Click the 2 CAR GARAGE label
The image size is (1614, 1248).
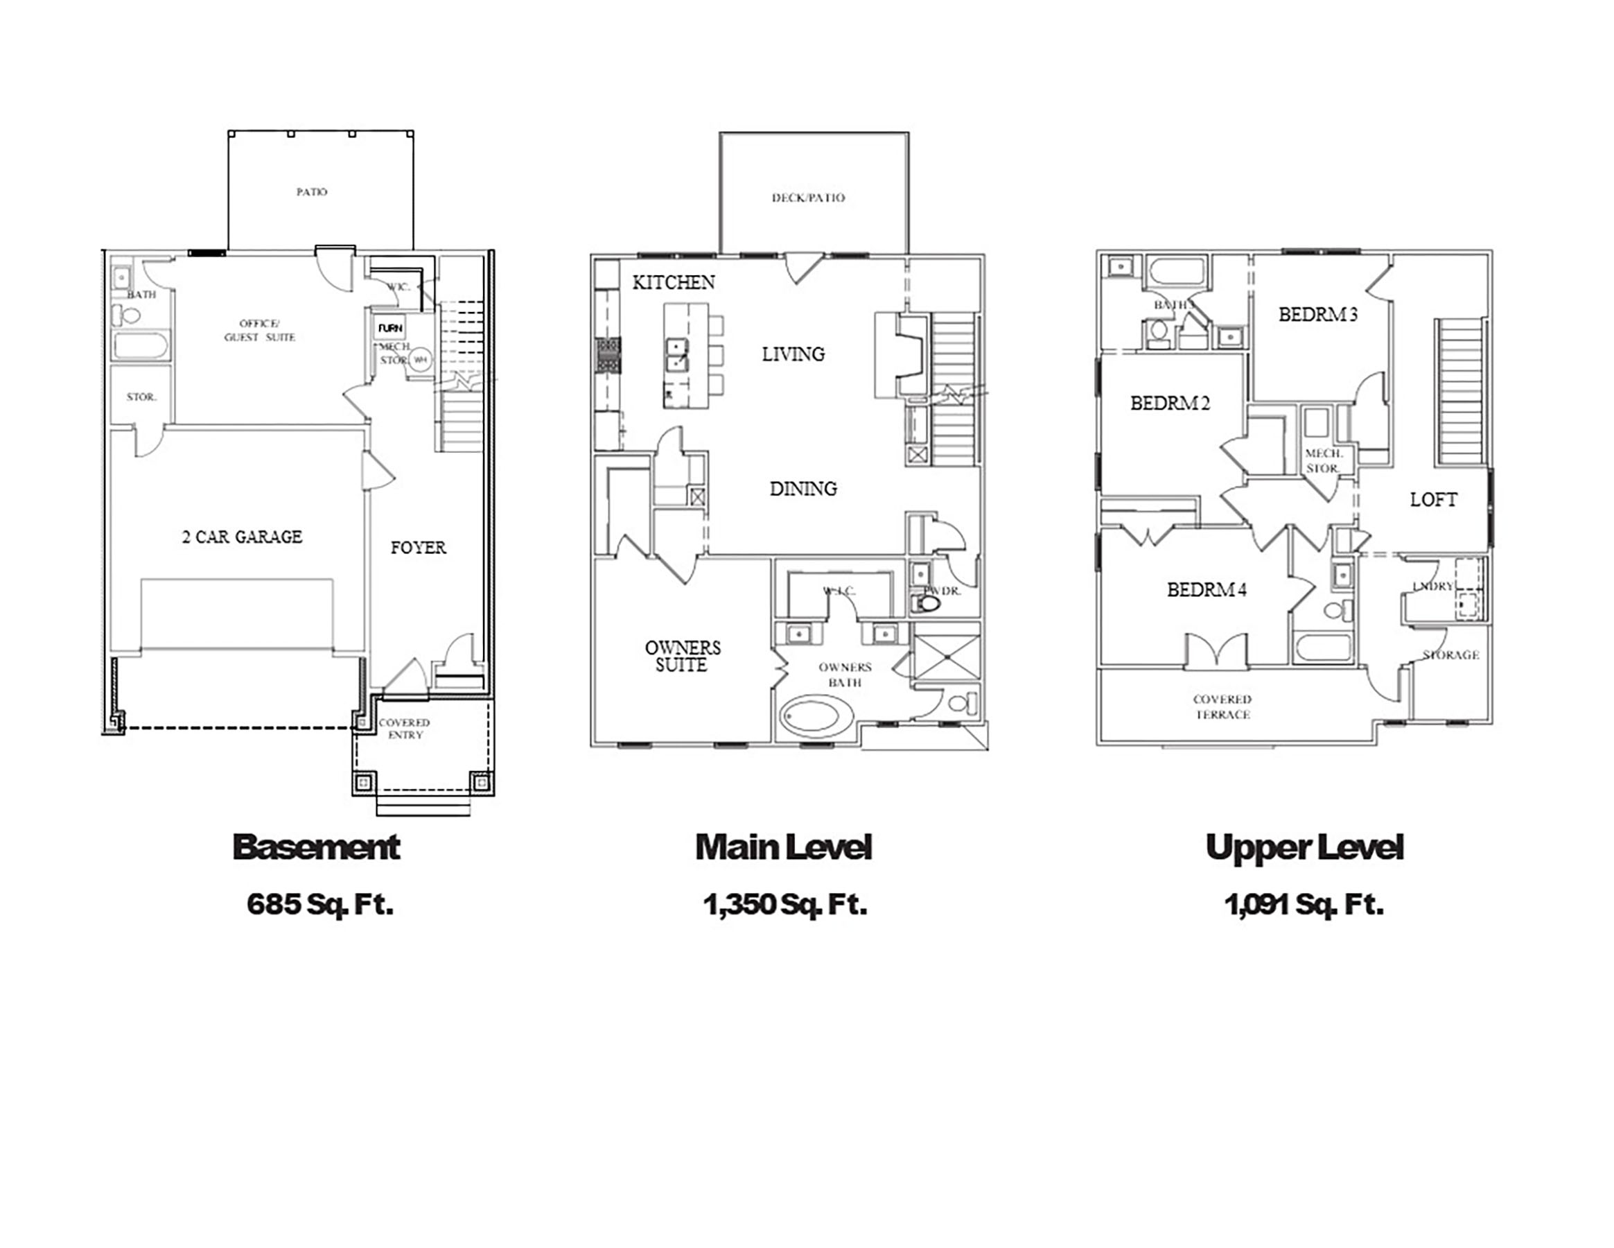tap(243, 537)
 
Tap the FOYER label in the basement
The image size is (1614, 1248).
tap(419, 548)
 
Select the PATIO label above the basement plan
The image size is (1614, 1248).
tap(312, 192)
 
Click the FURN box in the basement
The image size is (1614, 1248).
tap(390, 327)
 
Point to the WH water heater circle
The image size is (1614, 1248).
tap(421, 360)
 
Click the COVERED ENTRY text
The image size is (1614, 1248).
tap(404, 729)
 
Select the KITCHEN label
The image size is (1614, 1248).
tap(673, 282)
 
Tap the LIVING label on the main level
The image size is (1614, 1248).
tap(793, 354)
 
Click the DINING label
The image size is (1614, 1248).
tap(803, 489)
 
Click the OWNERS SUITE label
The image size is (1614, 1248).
tap(682, 657)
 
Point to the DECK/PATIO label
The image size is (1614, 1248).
tap(808, 198)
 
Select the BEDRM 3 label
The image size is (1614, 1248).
tap(1317, 315)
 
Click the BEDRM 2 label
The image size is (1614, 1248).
tap(1170, 404)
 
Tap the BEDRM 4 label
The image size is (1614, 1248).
tap(1206, 590)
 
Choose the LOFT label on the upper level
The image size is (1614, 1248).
tap(1433, 501)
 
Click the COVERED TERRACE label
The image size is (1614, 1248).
tap(1222, 707)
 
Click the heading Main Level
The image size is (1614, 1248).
tap(783, 847)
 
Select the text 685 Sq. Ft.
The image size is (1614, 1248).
tap(320, 904)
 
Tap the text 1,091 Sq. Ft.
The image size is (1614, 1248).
tap(1304, 904)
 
